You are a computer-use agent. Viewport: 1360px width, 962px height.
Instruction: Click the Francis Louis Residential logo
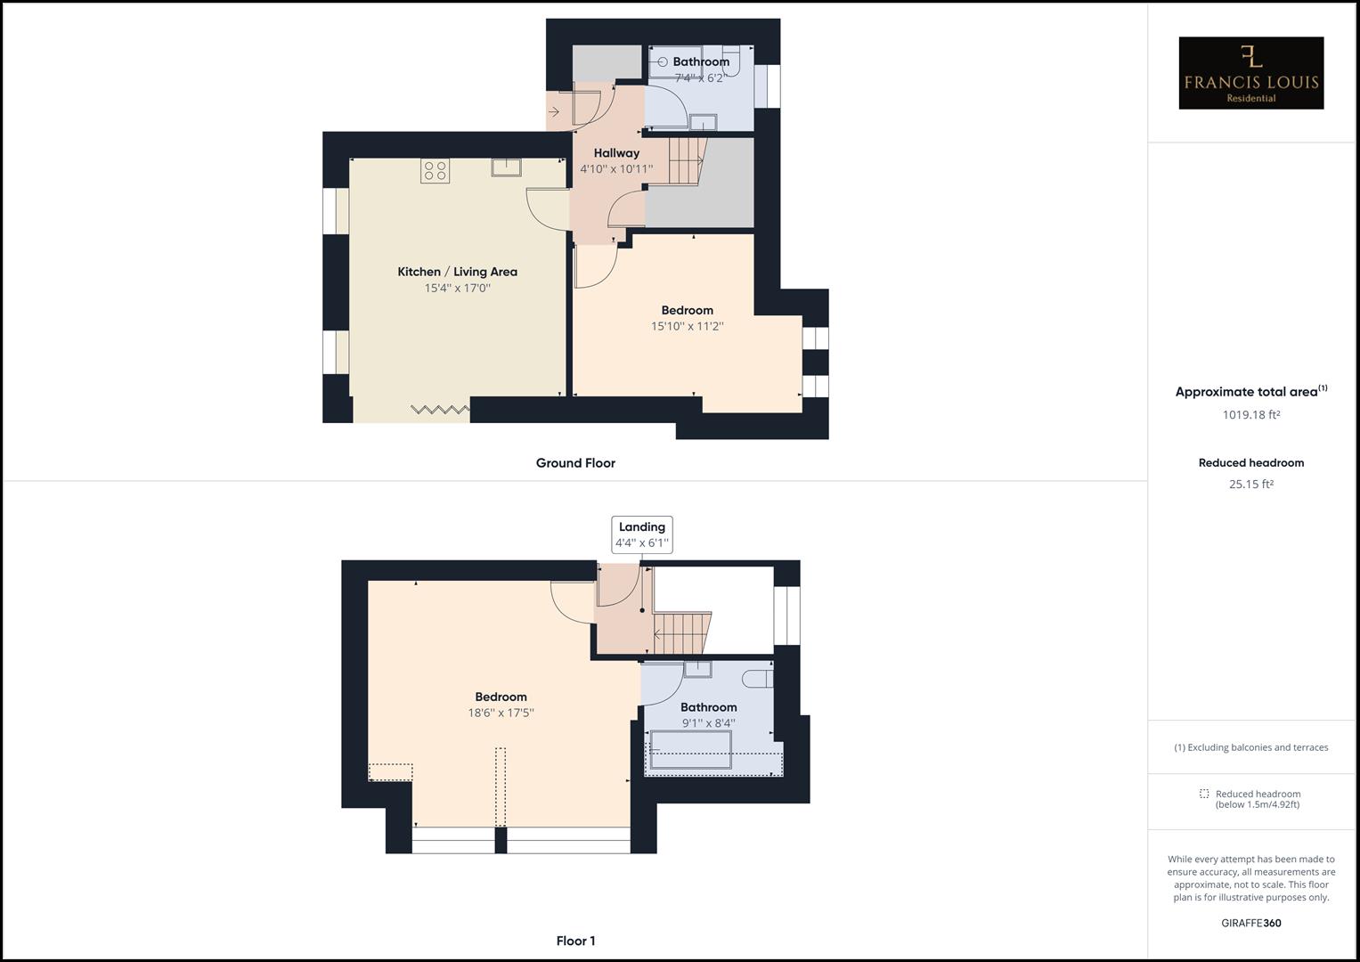click(x=1250, y=73)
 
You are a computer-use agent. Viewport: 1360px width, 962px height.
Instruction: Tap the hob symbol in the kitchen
click(x=436, y=170)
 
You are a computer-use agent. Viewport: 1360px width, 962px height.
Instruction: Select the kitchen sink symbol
click(x=506, y=167)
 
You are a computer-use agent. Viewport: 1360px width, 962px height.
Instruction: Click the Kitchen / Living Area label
click(x=457, y=272)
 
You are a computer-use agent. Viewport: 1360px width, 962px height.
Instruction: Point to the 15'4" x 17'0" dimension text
click(x=457, y=288)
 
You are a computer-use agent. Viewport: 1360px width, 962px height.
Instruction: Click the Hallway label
click(x=616, y=153)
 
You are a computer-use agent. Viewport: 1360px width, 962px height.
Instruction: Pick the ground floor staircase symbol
click(x=686, y=160)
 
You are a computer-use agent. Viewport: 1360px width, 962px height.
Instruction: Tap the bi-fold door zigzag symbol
click(x=440, y=409)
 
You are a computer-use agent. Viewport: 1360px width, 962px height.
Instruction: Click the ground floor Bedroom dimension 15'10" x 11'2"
click(x=687, y=327)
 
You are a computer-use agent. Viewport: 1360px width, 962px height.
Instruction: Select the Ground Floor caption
click(x=575, y=463)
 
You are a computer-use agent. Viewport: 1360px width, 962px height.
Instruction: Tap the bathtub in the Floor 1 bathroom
click(x=691, y=749)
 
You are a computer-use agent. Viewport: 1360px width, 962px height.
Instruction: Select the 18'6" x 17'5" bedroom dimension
click(x=501, y=713)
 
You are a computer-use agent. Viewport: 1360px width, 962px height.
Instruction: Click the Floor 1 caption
click(x=575, y=941)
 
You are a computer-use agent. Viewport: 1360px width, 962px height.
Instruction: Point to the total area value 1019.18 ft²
click(x=1250, y=414)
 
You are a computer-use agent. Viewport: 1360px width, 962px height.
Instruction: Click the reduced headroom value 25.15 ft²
click(x=1250, y=485)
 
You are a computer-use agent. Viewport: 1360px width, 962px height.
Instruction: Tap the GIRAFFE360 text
click(x=1250, y=923)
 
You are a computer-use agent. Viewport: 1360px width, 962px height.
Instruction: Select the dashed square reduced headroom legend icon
click(x=1204, y=794)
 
